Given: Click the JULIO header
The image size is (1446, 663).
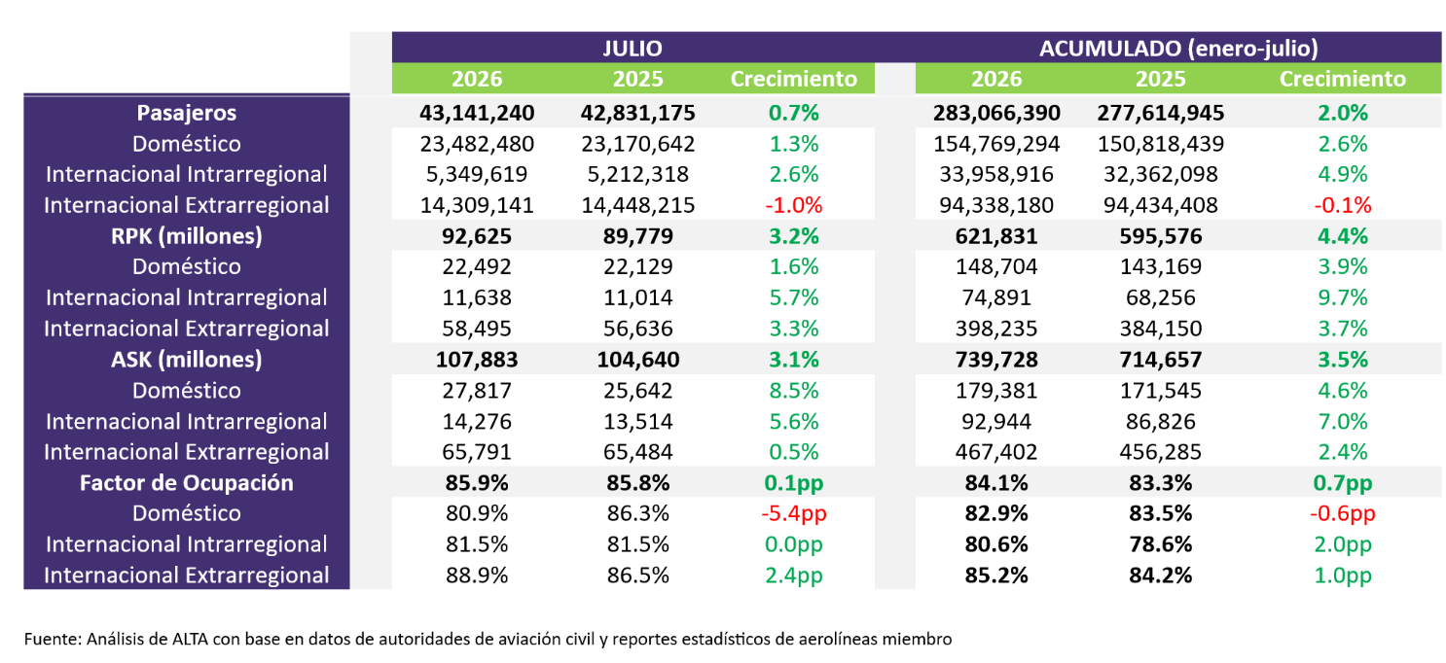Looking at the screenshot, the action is [632, 49].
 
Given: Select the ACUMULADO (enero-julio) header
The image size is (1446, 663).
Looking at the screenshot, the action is [1178, 49].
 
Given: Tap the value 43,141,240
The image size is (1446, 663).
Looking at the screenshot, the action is [477, 113].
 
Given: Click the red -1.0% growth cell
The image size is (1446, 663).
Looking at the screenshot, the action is [793, 205].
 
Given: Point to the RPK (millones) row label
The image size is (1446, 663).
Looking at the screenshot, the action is [187, 236].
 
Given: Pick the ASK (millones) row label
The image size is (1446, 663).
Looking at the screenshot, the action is [187, 360].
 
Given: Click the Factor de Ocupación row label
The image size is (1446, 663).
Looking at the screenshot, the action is [187, 482].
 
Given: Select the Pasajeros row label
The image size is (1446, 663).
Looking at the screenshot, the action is [187, 113].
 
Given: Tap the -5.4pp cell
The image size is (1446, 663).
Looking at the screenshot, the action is [793, 513].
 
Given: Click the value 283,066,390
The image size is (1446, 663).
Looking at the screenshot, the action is [996, 113].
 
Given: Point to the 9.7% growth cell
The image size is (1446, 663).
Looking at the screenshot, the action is [1342, 297].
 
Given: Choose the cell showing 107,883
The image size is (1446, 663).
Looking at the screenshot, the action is [477, 360].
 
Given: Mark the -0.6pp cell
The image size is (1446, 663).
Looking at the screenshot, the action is [1342, 513].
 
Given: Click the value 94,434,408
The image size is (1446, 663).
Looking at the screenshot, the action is [1160, 205].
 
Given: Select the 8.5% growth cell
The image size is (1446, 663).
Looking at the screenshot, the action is [793, 390].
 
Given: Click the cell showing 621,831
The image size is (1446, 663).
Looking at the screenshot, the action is [996, 236].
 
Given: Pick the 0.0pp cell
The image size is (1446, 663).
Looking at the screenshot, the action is [793, 544].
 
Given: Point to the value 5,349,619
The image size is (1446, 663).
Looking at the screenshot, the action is [477, 174].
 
